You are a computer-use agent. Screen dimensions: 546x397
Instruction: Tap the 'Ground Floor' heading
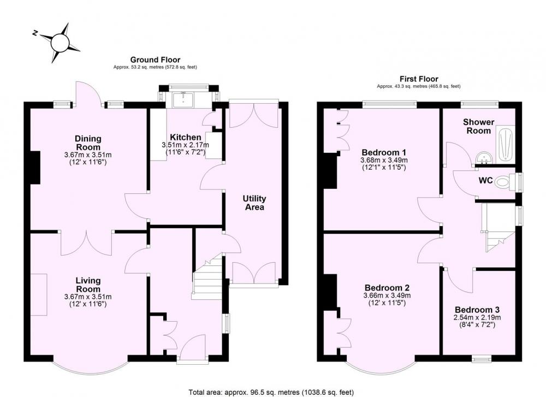tap(155, 60)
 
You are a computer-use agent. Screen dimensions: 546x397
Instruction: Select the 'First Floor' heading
tap(419, 79)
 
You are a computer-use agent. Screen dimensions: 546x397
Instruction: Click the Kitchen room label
tap(186, 137)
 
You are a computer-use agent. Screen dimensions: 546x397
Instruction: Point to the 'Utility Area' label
tap(254, 203)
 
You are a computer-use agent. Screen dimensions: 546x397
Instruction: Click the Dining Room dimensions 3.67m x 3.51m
tap(88, 155)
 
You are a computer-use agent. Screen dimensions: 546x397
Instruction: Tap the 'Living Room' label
tap(88, 285)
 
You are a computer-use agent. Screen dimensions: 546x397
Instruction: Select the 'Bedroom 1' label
tap(384, 152)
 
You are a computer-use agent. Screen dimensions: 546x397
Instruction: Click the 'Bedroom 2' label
tap(387, 288)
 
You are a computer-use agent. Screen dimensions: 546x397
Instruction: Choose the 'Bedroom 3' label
tap(477, 310)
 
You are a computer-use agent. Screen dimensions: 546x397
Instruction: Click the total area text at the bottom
tap(271, 392)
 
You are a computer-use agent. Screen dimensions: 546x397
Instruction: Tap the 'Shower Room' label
tap(478, 126)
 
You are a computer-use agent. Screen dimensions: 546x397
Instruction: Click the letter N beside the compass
tap(35, 33)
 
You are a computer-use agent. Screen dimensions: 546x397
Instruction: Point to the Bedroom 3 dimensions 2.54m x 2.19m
tap(477, 317)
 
